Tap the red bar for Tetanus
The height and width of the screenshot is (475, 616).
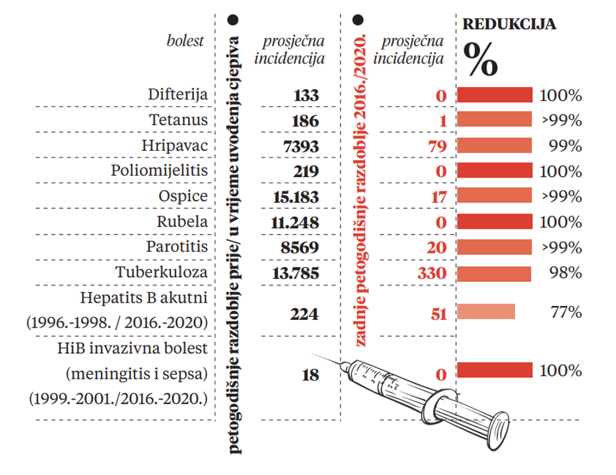click(x=494, y=121)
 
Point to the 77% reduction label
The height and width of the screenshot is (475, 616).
click(x=566, y=312)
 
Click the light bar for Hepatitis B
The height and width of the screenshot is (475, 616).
click(x=486, y=312)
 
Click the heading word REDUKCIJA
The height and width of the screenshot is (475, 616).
click(x=510, y=25)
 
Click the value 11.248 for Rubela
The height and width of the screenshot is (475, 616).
click(x=294, y=222)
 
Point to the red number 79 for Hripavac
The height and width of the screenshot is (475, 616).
click(x=436, y=145)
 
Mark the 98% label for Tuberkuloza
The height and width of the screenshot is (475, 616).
click(x=566, y=272)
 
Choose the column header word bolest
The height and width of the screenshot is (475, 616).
click(x=185, y=41)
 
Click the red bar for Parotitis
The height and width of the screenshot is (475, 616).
click(x=494, y=248)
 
